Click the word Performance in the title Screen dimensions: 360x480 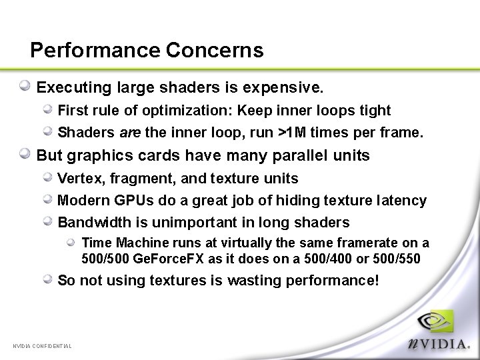point(95,51)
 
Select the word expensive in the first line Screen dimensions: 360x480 point(289,87)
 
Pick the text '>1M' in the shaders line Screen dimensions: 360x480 point(292,133)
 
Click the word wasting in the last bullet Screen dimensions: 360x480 point(254,281)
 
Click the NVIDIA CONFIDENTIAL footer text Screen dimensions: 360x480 point(42,345)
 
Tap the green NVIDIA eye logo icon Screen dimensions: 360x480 point(437,322)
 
